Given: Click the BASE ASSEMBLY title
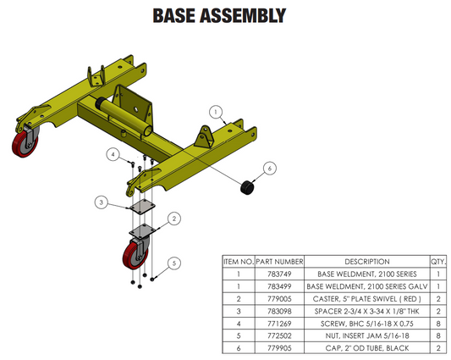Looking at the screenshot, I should click(217, 16).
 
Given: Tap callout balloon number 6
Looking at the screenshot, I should click(268, 169).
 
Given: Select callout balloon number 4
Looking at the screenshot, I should click(112, 154).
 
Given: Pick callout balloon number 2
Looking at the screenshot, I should click(173, 219).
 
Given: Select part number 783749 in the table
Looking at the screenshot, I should click(279, 275).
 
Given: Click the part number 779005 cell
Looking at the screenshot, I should click(279, 299).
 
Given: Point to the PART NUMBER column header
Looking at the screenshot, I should click(279, 263).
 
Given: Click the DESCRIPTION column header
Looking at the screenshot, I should click(366, 263).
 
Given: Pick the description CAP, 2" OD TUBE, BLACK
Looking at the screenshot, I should click(366, 346).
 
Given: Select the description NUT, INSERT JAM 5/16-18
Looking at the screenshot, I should click(366, 335).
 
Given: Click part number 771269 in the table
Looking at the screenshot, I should click(279, 323).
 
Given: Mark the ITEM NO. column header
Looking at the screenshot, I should click(238, 263).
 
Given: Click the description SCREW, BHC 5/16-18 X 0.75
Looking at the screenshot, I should click(366, 323).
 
